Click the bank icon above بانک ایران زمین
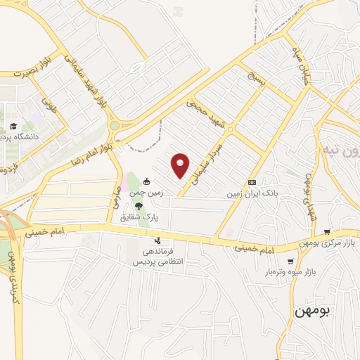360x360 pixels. pyautogui.click(x=252, y=182)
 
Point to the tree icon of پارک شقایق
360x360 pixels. pyautogui.click(x=139, y=206)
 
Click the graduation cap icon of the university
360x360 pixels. pyautogui.click(x=11, y=127)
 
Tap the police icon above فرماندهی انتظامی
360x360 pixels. pyautogui.click(x=157, y=240)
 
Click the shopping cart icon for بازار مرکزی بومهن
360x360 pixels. pyautogui.click(x=327, y=231)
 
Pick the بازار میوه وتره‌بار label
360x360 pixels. pyautogui.click(x=290, y=271)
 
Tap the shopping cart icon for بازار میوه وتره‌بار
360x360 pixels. pyautogui.click(x=290, y=261)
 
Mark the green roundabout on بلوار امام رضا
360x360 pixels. pyautogui.click(x=114, y=126)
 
